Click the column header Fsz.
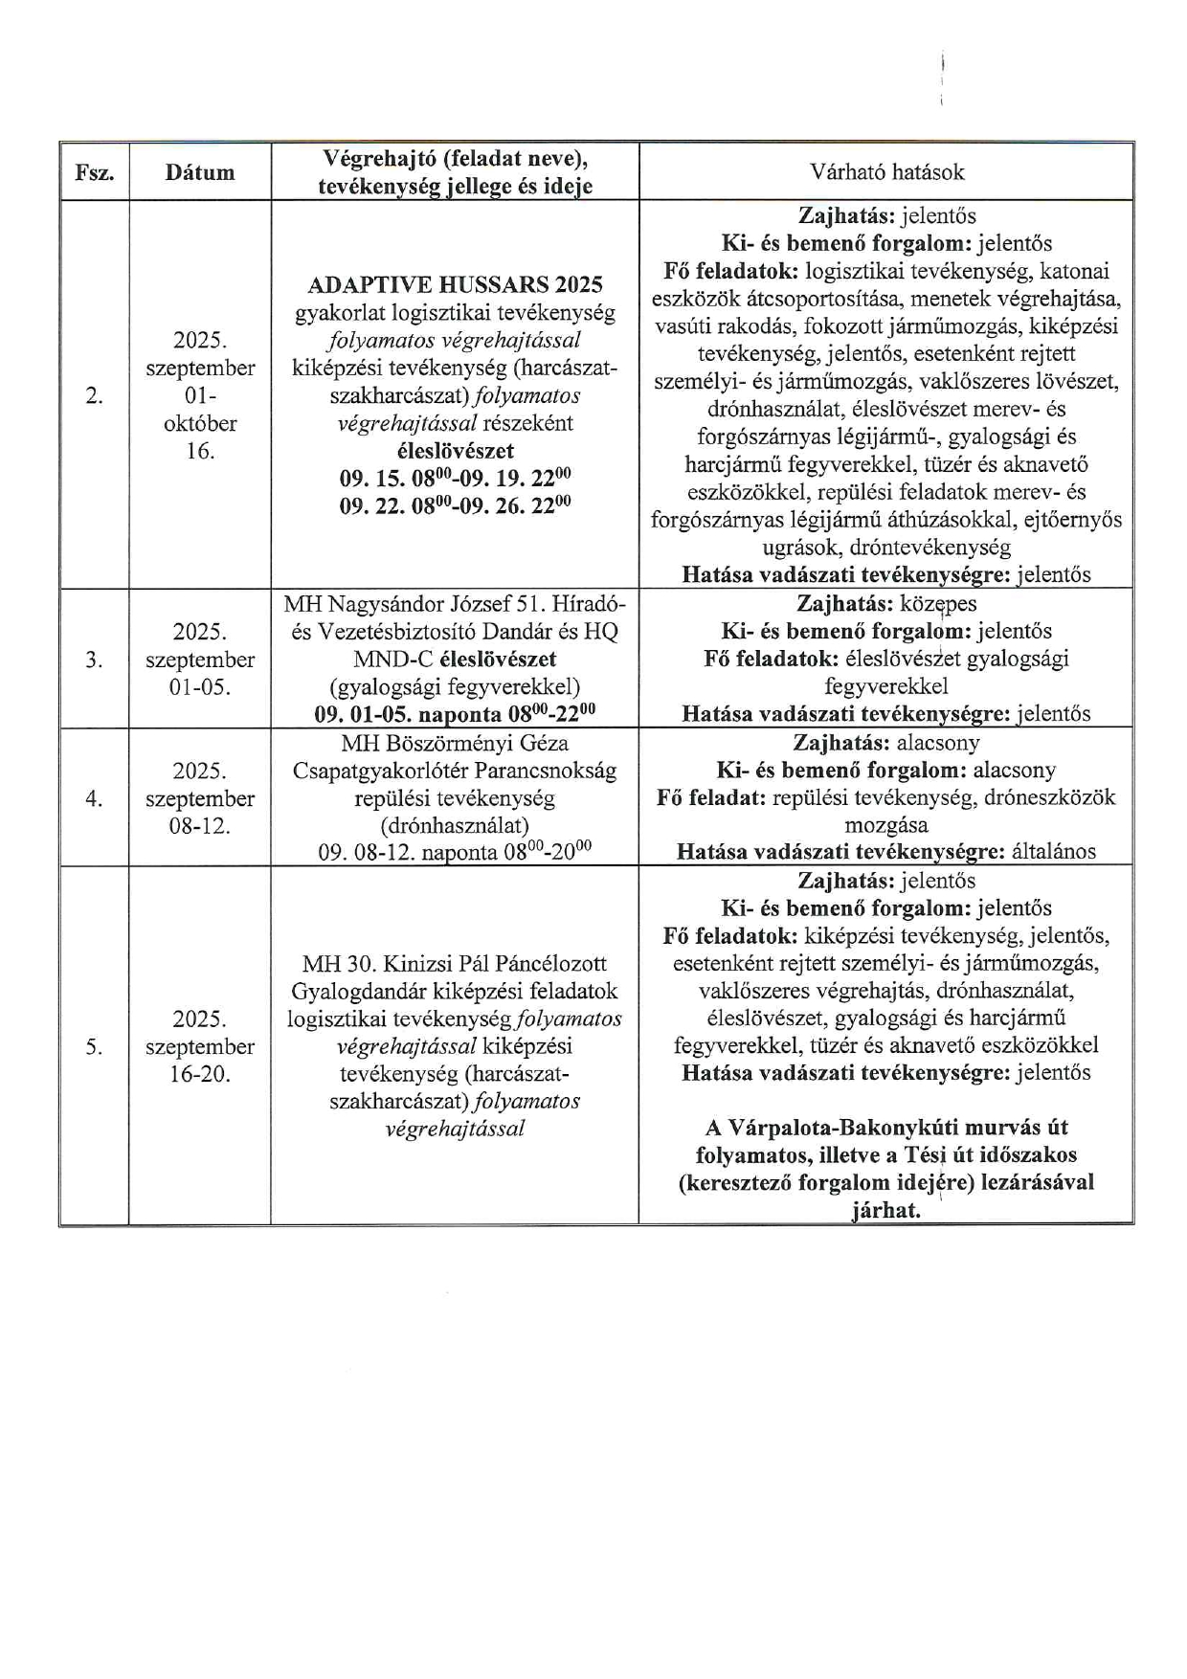(x=94, y=172)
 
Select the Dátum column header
(x=199, y=172)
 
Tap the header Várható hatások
(x=886, y=172)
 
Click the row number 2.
(x=94, y=395)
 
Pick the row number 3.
(x=94, y=660)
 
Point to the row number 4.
(x=94, y=798)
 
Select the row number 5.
(x=94, y=1046)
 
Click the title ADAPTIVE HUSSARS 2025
(x=455, y=284)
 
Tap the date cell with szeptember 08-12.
(x=200, y=798)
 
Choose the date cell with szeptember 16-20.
(x=200, y=1046)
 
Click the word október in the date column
(x=200, y=423)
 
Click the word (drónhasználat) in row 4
(x=455, y=825)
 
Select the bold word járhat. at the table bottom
(x=885, y=1210)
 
